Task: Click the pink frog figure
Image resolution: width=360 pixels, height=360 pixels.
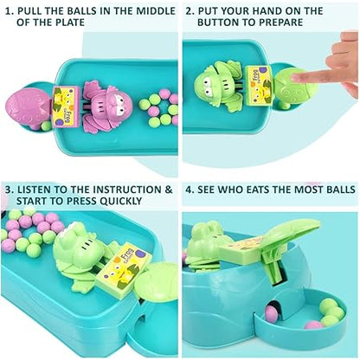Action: (x=106, y=107)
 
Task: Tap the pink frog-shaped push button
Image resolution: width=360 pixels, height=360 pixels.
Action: (x=28, y=106)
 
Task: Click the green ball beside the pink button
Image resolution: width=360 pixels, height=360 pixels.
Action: (x=46, y=125)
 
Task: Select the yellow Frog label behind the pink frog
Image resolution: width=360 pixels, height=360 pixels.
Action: (x=64, y=106)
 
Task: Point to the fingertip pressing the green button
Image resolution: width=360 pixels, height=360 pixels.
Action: (x=296, y=77)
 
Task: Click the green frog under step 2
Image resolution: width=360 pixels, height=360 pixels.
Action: (x=219, y=86)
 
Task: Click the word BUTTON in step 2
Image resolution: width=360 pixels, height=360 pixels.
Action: (x=216, y=22)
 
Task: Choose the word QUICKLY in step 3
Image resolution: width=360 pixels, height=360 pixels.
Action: (x=120, y=201)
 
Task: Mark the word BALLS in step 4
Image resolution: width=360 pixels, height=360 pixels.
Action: (x=339, y=190)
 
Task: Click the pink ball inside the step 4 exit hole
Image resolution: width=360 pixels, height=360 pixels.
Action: (x=271, y=313)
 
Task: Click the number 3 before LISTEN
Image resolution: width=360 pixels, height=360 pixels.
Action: (x=9, y=190)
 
